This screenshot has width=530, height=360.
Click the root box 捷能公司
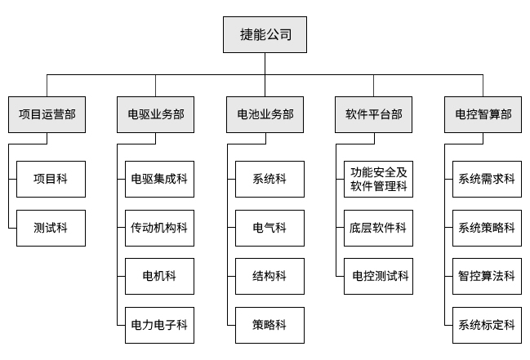(x=265, y=36)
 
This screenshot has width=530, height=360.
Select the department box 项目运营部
(x=47, y=114)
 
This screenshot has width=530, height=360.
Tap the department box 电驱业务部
(x=156, y=114)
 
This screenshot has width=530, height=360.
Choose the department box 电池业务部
(x=265, y=114)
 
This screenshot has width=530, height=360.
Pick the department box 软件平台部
(x=374, y=114)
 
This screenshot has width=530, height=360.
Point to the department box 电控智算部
(x=483, y=114)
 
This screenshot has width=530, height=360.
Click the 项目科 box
(x=51, y=179)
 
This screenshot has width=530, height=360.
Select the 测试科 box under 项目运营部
(x=51, y=228)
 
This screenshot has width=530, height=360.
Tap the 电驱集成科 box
(x=160, y=179)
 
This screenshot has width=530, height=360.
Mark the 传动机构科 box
(x=160, y=228)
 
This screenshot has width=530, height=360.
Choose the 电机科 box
(x=160, y=277)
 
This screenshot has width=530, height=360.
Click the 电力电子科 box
(x=160, y=325)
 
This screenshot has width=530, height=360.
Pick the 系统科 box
(x=269, y=179)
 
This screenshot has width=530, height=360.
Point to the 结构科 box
(x=269, y=277)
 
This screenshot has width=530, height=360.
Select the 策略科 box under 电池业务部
(x=269, y=325)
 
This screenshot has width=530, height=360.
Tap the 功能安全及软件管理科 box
(x=378, y=179)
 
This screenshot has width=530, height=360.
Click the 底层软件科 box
(x=378, y=228)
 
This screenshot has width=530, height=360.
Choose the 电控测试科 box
(x=378, y=277)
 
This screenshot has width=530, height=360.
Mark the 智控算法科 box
(x=487, y=277)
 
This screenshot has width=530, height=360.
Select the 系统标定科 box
(x=487, y=325)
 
